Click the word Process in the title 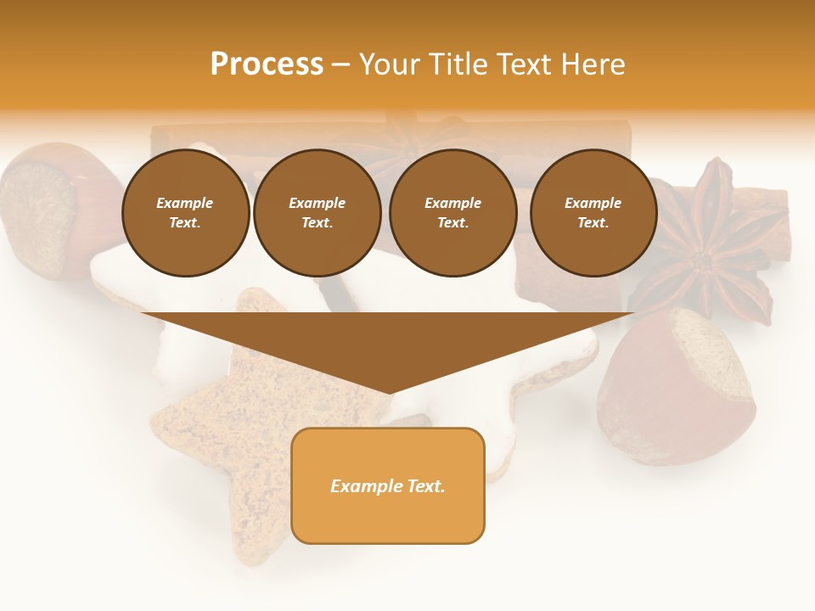pyautogui.click(x=267, y=64)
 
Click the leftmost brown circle pyautogui.click(x=185, y=213)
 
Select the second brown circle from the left pyautogui.click(x=317, y=213)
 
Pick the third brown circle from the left pyautogui.click(x=452, y=213)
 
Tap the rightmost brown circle pyautogui.click(x=593, y=213)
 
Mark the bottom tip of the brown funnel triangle pyautogui.click(x=389, y=392)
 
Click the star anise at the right pyautogui.click(x=711, y=246)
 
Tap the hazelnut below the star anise pyautogui.click(x=679, y=386)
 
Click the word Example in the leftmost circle pyautogui.click(x=185, y=203)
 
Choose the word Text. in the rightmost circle pyautogui.click(x=593, y=223)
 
